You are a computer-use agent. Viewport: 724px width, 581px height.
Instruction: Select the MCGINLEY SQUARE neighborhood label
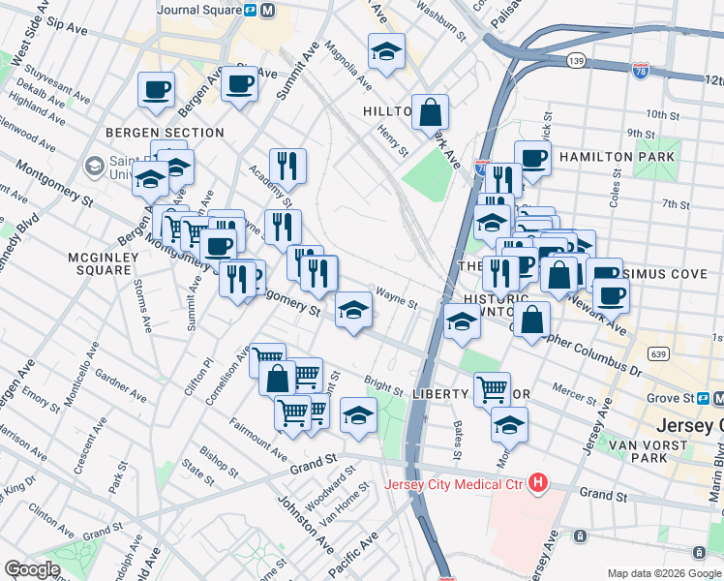point(99,262)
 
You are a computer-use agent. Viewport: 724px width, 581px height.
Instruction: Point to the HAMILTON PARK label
point(617,156)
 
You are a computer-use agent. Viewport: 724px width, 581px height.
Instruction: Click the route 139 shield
point(575,60)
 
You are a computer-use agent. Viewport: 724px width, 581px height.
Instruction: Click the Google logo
point(32,569)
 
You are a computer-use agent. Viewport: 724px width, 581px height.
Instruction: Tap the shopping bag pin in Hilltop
point(430,113)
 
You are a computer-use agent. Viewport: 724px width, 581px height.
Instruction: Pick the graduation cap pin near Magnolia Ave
point(385,52)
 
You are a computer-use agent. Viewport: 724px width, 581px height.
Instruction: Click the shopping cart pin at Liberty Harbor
point(493,389)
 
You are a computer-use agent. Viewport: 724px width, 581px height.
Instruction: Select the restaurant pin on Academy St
point(287,166)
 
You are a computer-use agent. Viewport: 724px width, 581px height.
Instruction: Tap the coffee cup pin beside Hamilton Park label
point(532,157)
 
